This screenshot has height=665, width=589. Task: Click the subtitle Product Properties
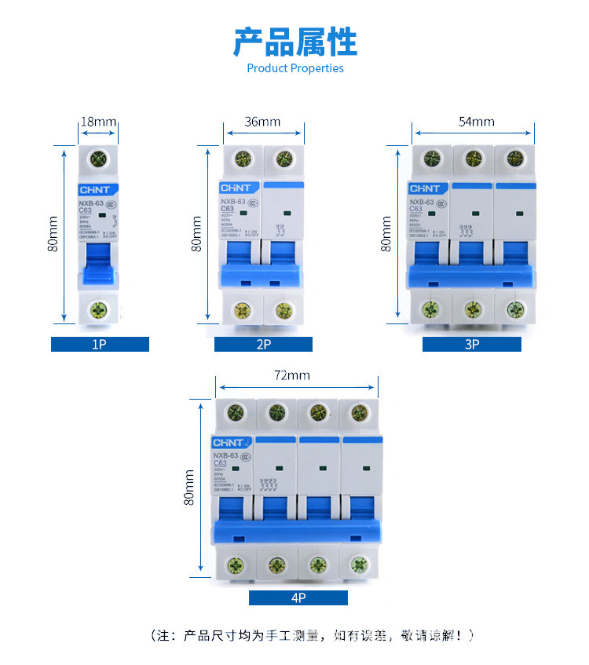click(x=295, y=68)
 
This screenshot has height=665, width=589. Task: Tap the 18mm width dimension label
click(x=99, y=122)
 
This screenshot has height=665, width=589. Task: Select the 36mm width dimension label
click(x=262, y=122)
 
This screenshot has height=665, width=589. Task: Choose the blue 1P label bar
click(x=100, y=344)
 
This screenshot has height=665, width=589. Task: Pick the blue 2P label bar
click(x=263, y=344)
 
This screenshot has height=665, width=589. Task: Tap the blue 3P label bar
click(x=471, y=344)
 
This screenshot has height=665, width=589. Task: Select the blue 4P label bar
click(x=298, y=598)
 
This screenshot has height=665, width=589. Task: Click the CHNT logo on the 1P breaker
click(x=98, y=190)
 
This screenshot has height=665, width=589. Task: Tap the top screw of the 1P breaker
click(x=99, y=157)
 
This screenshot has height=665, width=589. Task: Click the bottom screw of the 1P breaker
click(x=99, y=309)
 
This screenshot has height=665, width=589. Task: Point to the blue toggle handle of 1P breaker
click(x=99, y=263)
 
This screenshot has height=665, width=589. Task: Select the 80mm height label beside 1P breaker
click(x=53, y=234)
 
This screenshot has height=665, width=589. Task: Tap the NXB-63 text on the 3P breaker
click(x=423, y=202)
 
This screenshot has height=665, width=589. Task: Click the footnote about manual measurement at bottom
click(x=312, y=635)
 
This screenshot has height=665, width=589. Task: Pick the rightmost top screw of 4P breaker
click(x=359, y=412)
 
